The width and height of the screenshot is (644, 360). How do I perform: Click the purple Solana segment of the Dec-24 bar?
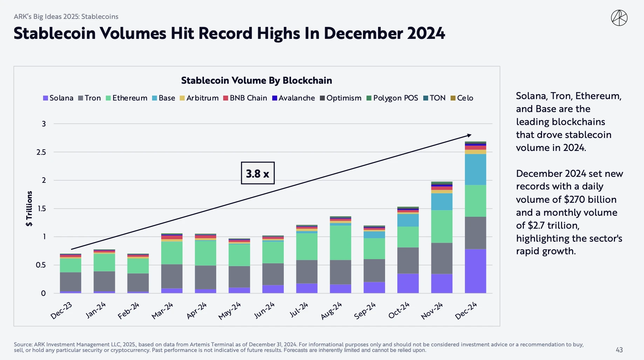tap(475, 271)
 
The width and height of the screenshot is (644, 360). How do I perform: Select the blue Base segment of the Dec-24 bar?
tap(475, 169)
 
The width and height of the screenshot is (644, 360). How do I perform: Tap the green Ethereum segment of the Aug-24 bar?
tap(340, 243)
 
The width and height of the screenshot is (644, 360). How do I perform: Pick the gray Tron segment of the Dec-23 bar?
tap(70, 282)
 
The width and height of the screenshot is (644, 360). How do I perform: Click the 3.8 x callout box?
tap(258, 173)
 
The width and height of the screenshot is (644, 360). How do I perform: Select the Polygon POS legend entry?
tap(392, 98)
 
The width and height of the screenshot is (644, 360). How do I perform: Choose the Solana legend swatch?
tap(46, 98)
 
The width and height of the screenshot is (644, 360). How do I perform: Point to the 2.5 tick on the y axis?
tap(41, 152)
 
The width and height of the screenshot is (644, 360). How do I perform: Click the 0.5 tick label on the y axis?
tap(41, 265)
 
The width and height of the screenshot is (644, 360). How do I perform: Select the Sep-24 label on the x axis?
tap(365, 311)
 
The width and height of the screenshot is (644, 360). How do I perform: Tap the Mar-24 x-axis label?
tap(162, 311)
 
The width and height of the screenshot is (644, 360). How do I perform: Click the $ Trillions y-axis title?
tap(29, 208)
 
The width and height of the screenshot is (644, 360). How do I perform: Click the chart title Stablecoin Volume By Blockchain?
tap(256, 81)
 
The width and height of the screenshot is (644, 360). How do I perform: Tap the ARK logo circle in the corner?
tap(619, 18)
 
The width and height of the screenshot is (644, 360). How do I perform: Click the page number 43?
tap(619, 350)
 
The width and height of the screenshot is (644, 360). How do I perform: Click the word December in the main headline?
tap(363, 34)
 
